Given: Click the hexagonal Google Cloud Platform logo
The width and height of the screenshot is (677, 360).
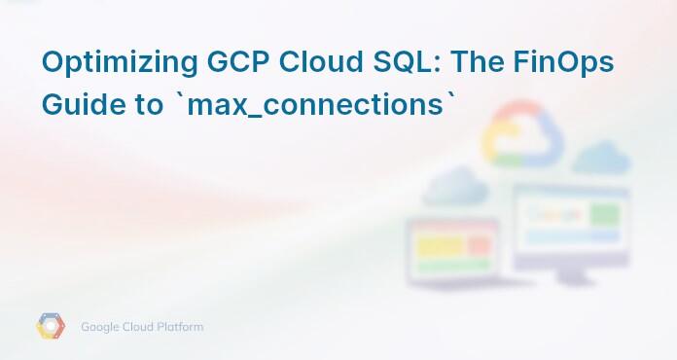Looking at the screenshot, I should coord(51,327).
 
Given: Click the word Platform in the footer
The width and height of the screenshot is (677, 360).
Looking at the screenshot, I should coord(182,327).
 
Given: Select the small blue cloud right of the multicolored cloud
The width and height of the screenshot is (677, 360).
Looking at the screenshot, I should coord(602,156).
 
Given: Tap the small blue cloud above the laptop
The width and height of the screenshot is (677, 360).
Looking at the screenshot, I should coord(454,185).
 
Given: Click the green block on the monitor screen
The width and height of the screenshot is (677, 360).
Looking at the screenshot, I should coord(607,213).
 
